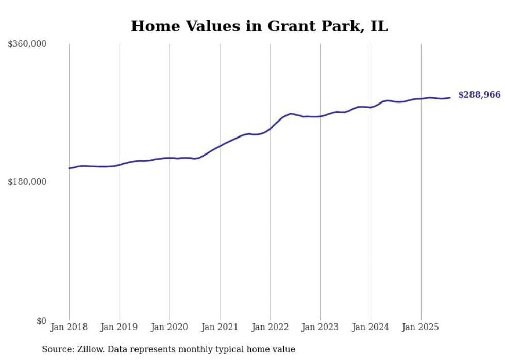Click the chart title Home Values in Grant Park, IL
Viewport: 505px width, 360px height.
[259, 26]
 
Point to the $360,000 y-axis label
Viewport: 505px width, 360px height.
[27, 44]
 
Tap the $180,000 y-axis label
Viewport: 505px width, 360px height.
[27, 182]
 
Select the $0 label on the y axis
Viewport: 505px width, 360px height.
[41, 321]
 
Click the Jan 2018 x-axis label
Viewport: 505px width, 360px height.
[69, 327]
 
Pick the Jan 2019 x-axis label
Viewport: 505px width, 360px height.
[120, 327]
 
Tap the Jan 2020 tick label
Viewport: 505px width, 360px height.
[170, 327]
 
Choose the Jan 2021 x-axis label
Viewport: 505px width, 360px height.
[220, 327]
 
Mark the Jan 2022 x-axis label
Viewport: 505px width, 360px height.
[270, 327]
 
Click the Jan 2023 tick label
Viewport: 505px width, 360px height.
[321, 327]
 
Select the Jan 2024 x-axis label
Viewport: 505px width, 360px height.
[371, 327]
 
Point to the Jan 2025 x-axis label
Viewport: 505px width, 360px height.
[421, 327]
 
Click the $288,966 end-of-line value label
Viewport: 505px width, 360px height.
[479, 95]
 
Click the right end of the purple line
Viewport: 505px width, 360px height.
[450, 98]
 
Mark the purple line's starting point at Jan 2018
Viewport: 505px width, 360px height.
[70, 168]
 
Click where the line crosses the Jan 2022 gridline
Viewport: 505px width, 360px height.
[270, 128]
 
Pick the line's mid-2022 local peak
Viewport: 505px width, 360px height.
[291, 113]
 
